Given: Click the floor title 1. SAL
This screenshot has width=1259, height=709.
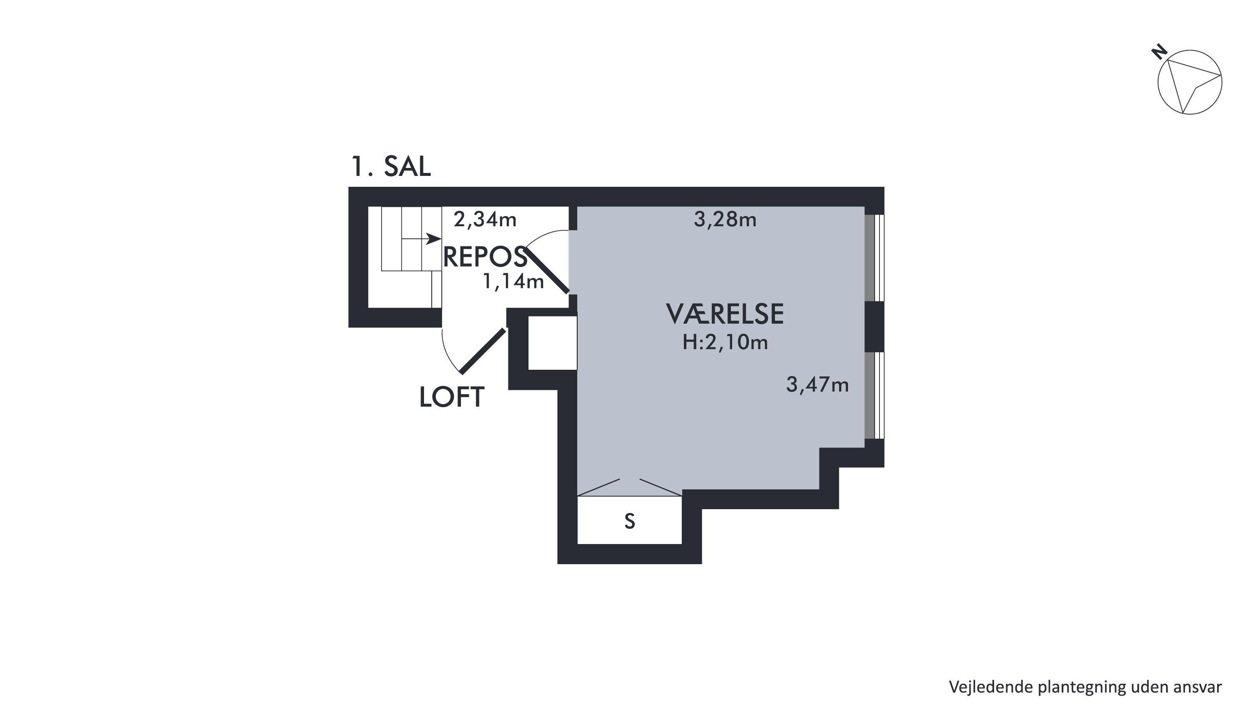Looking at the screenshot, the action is [x=391, y=166].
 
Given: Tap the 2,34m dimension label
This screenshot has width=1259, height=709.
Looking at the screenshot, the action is [x=485, y=220].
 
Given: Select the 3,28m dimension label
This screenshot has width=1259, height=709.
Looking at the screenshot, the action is [x=725, y=220].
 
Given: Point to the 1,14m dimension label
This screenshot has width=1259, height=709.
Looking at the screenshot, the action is [x=513, y=281].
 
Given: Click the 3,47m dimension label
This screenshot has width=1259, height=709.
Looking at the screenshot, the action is [x=817, y=385].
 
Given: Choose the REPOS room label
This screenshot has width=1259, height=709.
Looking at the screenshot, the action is [x=485, y=256].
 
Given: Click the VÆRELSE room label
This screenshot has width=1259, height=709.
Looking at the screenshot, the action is [x=725, y=314].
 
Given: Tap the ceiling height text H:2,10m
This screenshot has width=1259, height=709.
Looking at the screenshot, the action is [x=725, y=342].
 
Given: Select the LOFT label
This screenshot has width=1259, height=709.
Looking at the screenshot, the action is [x=452, y=397].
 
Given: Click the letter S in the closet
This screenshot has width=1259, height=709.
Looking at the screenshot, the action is [x=630, y=521].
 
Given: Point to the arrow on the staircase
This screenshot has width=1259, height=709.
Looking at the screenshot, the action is [x=421, y=239].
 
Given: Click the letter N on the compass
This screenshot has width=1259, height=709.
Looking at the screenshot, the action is [x=1160, y=52].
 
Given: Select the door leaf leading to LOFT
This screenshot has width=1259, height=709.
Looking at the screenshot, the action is [x=483, y=351].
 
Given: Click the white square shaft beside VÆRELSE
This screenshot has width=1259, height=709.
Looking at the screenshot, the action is [x=553, y=343].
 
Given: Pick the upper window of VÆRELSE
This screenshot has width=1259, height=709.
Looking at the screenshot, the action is [x=874, y=258].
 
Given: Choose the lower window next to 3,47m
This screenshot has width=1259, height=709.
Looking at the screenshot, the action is [x=874, y=395].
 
